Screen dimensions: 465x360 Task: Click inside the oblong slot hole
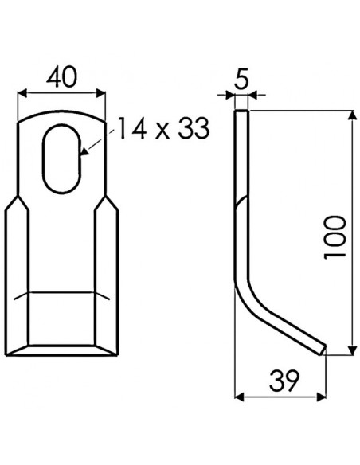click(x=62, y=156)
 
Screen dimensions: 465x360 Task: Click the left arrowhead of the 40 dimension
click(x=22, y=92)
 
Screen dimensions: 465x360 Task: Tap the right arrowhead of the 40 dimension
click(x=100, y=92)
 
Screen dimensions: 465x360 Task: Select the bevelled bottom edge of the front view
click(x=62, y=348)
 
